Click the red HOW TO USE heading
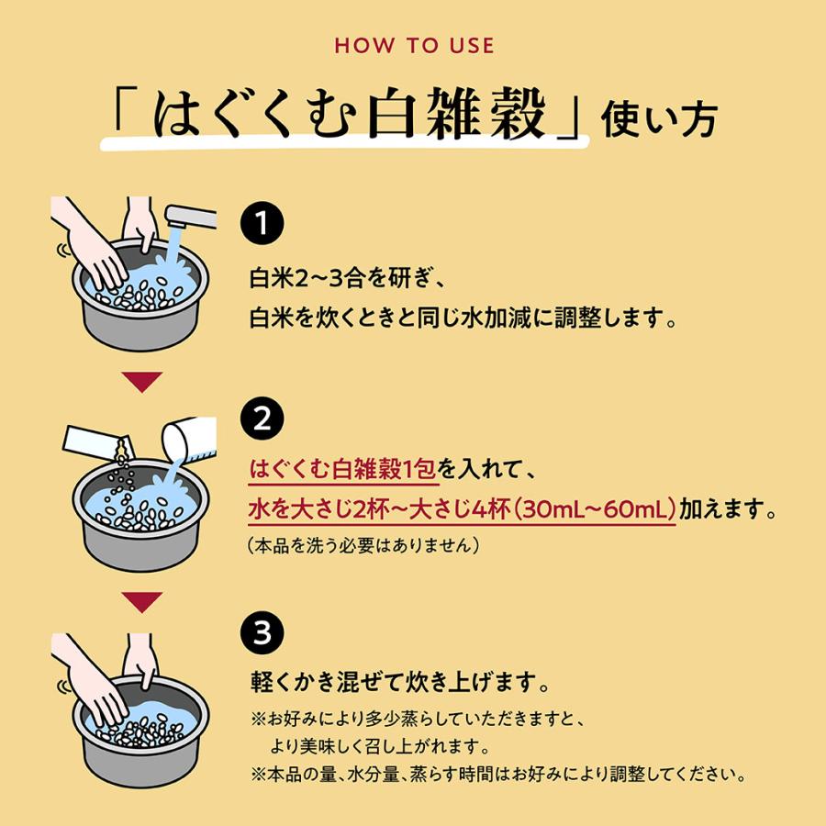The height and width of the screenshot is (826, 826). coord(413,46)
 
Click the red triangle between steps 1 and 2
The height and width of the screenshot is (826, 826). coord(142,381)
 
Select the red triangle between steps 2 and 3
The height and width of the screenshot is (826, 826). coord(142,601)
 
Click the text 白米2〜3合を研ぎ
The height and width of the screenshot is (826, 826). coord(347,276)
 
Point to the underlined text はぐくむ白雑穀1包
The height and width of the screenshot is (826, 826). coord(343,471)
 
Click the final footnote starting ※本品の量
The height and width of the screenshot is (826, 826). coord(496,775)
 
